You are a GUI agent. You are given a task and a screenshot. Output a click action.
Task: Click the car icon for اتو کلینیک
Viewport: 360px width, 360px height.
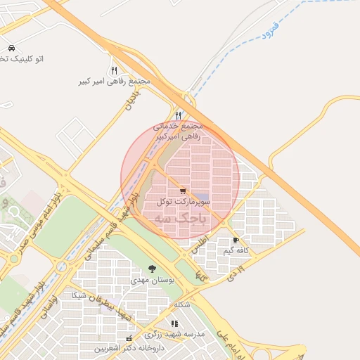coord(11,49)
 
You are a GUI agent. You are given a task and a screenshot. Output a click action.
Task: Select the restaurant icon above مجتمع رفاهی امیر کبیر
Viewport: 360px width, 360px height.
coord(114,70)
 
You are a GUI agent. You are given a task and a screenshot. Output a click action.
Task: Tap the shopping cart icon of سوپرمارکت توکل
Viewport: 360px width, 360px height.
coord(183,191)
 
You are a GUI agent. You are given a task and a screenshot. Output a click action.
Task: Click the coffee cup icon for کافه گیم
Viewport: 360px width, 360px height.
coord(245,240)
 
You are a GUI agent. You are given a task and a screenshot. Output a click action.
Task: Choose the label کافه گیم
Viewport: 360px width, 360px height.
coord(238,251)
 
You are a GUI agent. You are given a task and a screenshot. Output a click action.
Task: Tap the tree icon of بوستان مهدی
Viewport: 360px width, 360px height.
coord(153,269)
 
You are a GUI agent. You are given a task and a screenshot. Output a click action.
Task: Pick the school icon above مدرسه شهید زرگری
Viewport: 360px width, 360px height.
coord(174,323)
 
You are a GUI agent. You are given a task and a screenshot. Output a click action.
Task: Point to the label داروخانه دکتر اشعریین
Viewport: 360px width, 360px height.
coord(131,348)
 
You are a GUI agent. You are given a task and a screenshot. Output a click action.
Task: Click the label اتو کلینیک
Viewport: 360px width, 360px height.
coord(23,59)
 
